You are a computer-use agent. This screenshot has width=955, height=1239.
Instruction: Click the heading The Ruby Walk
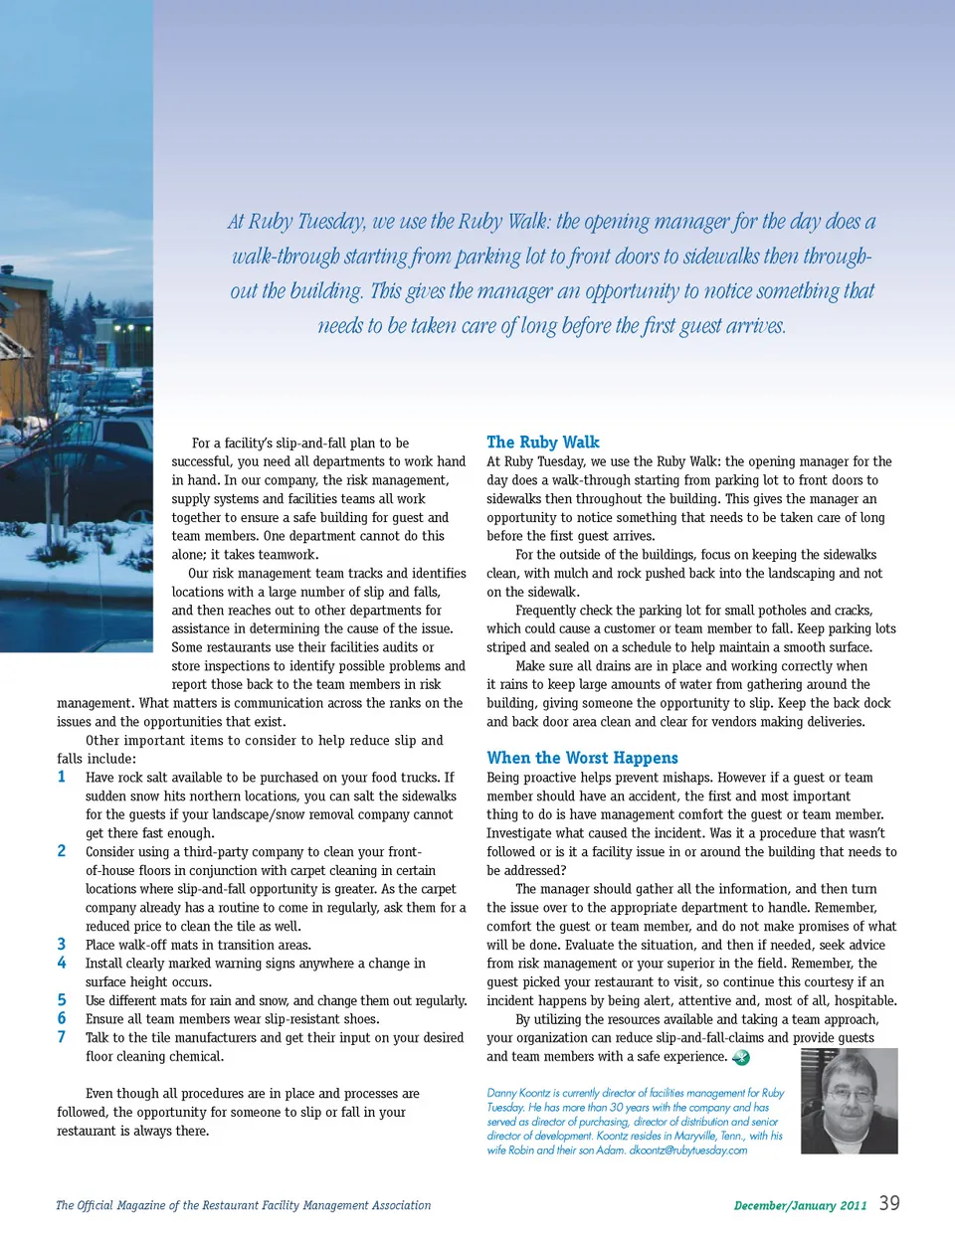(x=543, y=442)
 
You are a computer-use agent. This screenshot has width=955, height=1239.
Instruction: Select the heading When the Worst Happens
(x=582, y=758)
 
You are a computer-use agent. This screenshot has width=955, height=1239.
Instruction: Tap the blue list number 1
(x=62, y=777)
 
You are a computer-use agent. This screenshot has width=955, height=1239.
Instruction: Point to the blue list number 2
(x=62, y=851)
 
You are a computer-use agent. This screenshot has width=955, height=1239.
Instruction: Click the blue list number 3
(x=62, y=945)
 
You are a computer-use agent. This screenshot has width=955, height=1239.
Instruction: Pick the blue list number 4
(x=62, y=963)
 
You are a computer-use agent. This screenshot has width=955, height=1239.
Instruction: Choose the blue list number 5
(x=62, y=1000)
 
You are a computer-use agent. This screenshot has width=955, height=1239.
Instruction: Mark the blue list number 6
(x=62, y=1018)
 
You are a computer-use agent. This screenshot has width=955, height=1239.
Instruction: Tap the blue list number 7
(x=62, y=1037)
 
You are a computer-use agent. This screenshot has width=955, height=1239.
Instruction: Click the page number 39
(x=889, y=1203)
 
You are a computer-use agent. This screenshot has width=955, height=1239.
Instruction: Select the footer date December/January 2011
(x=800, y=1205)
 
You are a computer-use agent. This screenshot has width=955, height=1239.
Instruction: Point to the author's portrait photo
(x=849, y=1101)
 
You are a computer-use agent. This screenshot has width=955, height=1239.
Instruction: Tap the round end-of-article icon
(x=741, y=1057)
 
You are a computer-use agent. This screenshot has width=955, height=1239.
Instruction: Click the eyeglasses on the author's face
(x=853, y=1094)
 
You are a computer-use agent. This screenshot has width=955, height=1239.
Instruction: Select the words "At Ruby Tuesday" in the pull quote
(x=295, y=222)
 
